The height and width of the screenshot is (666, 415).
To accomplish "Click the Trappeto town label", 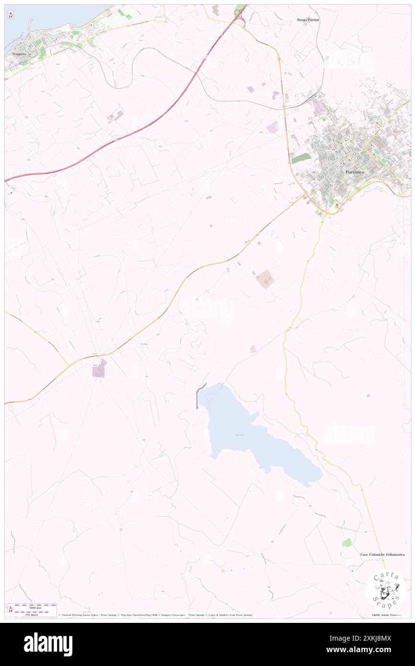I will [18, 54].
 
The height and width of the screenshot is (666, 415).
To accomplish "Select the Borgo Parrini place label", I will [308, 20].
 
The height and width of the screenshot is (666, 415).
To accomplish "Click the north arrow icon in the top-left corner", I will [11, 15].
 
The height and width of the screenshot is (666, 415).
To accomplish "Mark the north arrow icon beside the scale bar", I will [11, 609].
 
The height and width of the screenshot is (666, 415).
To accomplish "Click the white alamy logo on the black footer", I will [48, 644].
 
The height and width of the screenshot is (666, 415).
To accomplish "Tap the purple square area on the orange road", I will [99, 369].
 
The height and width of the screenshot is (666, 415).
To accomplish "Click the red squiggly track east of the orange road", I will [253, 349].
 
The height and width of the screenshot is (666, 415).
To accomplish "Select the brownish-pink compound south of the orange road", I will [264, 278].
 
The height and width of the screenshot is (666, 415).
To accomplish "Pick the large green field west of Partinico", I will [300, 158].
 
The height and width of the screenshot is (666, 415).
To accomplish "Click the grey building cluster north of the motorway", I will [115, 116].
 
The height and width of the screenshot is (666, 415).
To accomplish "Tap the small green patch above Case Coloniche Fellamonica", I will [346, 542].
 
